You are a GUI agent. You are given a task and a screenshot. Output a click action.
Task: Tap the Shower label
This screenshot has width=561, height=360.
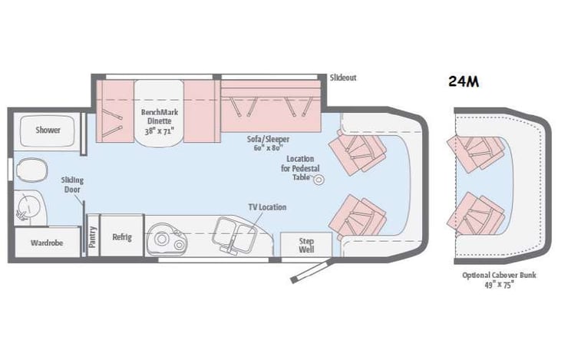(x=48, y=130)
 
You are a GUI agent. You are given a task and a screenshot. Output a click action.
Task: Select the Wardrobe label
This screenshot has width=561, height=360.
(x=47, y=243)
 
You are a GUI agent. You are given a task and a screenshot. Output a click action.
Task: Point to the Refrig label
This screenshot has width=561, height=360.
(x=122, y=237)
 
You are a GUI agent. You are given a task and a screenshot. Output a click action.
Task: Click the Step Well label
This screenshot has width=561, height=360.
(x=306, y=245)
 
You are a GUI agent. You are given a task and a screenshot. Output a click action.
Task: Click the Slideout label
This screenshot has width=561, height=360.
(x=343, y=78)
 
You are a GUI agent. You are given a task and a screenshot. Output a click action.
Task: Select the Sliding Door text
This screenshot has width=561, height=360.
(x=72, y=185)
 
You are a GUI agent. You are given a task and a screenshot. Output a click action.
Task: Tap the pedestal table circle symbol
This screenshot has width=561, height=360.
(x=318, y=179)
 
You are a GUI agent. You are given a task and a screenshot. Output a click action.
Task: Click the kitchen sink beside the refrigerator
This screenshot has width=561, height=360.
(x=164, y=238)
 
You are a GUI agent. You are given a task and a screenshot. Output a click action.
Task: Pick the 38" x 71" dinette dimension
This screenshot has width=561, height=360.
(x=159, y=130)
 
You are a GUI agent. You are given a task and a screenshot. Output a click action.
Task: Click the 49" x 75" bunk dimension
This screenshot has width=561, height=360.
(x=498, y=284)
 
